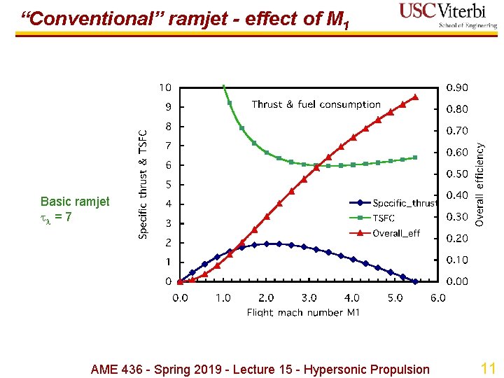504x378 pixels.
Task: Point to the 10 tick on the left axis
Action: point(164,87)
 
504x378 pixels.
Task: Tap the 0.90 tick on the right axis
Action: point(458,87)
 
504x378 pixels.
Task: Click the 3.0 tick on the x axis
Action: point(309,297)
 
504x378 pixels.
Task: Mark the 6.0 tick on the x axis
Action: point(437,297)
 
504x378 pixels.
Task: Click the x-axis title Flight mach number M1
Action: point(303,312)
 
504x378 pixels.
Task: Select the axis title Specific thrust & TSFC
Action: point(143,183)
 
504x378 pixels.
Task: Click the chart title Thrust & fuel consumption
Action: point(316,104)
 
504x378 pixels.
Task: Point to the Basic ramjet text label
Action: point(75,202)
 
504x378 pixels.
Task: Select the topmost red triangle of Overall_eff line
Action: point(415,97)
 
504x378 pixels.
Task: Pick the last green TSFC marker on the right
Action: point(415,157)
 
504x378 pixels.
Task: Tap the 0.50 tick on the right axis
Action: point(458,174)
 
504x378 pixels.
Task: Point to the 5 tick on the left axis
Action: point(168,185)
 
